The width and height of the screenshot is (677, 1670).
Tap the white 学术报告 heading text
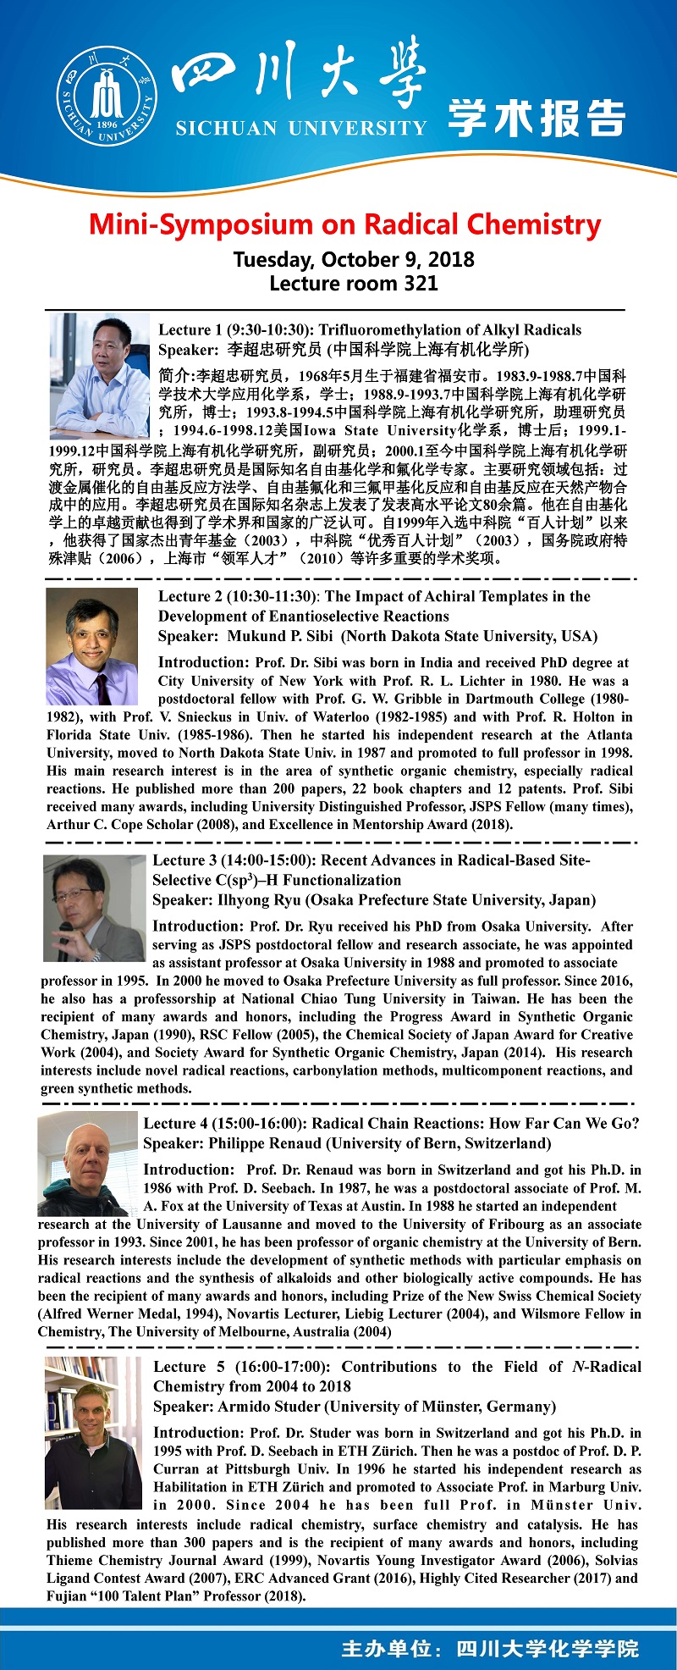(x=537, y=118)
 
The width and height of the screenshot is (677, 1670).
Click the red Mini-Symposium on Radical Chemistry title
(x=344, y=224)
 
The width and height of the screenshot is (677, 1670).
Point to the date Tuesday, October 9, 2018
(x=354, y=259)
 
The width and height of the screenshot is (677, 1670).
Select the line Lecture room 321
(x=354, y=283)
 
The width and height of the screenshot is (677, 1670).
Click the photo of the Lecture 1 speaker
(x=99, y=375)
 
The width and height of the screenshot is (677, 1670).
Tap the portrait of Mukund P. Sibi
(x=91, y=647)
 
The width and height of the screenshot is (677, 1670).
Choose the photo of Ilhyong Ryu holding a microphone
(x=94, y=908)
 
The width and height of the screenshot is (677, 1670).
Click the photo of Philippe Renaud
(x=87, y=1165)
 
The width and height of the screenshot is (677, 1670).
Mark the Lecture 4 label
(x=175, y=1124)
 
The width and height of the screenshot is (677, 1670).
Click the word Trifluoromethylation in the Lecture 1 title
(x=388, y=329)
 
